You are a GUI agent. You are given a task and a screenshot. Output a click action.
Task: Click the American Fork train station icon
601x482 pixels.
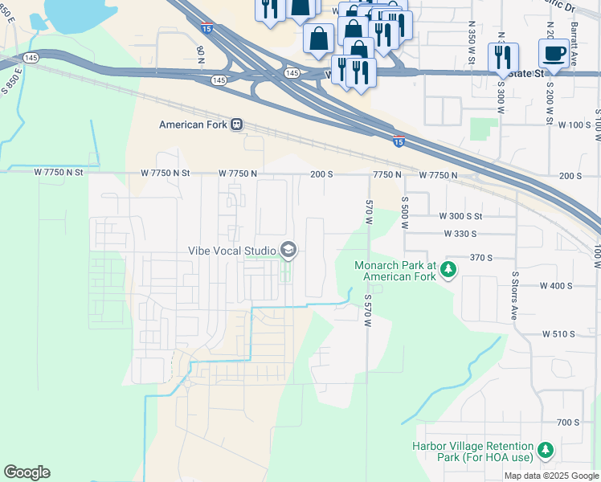tap(237, 125)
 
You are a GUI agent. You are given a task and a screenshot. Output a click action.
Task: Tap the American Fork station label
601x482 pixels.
tap(194, 125)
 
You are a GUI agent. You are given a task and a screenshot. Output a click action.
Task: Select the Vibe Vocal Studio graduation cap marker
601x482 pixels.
tap(288, 251)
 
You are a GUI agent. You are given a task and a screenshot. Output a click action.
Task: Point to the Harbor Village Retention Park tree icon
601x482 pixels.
tap(546, 451)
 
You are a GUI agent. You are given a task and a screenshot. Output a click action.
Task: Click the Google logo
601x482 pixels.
tap(27, 472)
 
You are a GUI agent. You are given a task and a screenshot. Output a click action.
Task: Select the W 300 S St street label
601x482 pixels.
tap(460, 217)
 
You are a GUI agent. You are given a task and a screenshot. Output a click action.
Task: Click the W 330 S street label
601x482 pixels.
tap(460, 234)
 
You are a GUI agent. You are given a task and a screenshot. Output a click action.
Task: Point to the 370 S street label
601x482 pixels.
tap(480, 258)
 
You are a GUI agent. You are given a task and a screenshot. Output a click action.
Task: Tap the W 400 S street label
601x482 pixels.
tap(556, 286)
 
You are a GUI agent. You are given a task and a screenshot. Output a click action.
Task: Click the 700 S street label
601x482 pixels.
tap(567, 423)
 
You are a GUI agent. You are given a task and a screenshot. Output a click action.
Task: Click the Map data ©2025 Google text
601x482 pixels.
tap(550, 476)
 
